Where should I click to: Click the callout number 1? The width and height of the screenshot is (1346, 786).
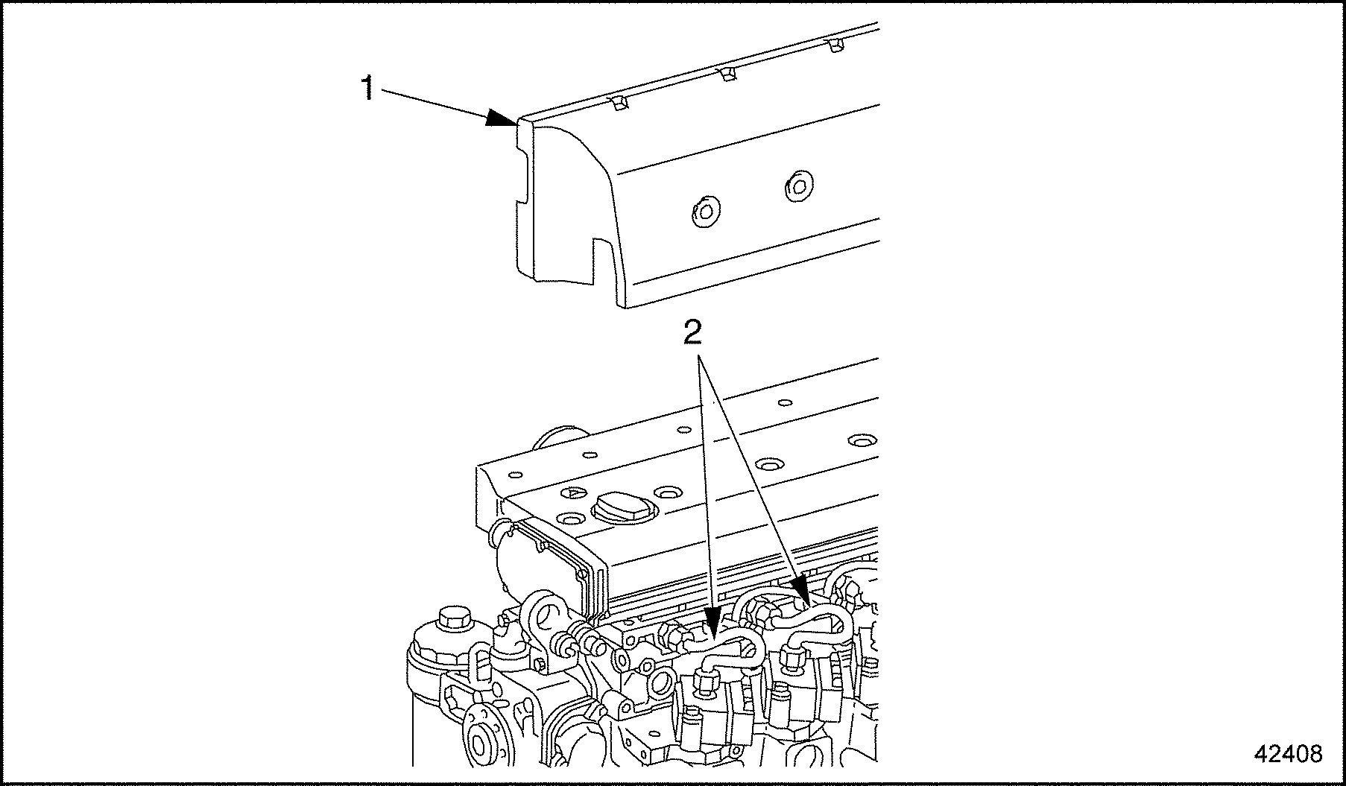[367, 89]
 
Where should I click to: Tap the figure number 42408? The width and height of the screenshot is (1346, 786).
[1287, 754]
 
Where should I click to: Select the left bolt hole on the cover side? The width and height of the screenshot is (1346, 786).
[704, 212]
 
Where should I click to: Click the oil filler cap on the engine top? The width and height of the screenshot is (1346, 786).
[622, 510]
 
